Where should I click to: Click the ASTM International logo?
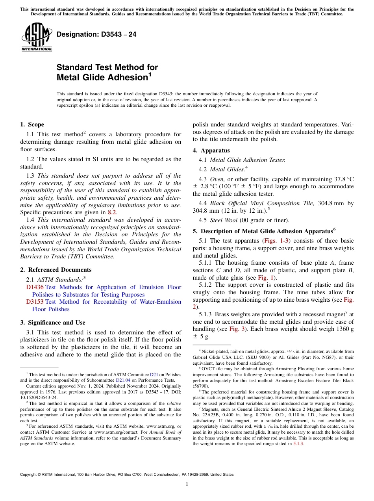pyautogui.click(x=37, y=37)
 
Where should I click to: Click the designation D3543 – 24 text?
pyautogui.click(x=96, y=34)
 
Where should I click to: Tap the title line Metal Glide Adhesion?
pyautogui.click(x=102, y=78)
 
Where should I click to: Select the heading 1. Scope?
pyautogui.click(x=32, y=124)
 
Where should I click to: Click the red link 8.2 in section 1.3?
pyautogui.click(x=112, y=212)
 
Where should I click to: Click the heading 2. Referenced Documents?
pyautogui.click(x=56, y=270)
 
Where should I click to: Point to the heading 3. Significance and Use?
pyautogui.click(x=52, y=322)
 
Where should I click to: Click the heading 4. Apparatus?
pyautogui.click(x=211, y=150)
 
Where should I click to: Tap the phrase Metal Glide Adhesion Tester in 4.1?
pyautogui.click(x=247, y=160)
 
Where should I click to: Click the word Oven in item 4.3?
pyautogui.click(x=217, y=179)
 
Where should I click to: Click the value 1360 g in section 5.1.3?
pyautogui.click(x=342, y=329)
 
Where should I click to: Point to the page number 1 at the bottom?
pyautogui.click(x=187, y=484)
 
